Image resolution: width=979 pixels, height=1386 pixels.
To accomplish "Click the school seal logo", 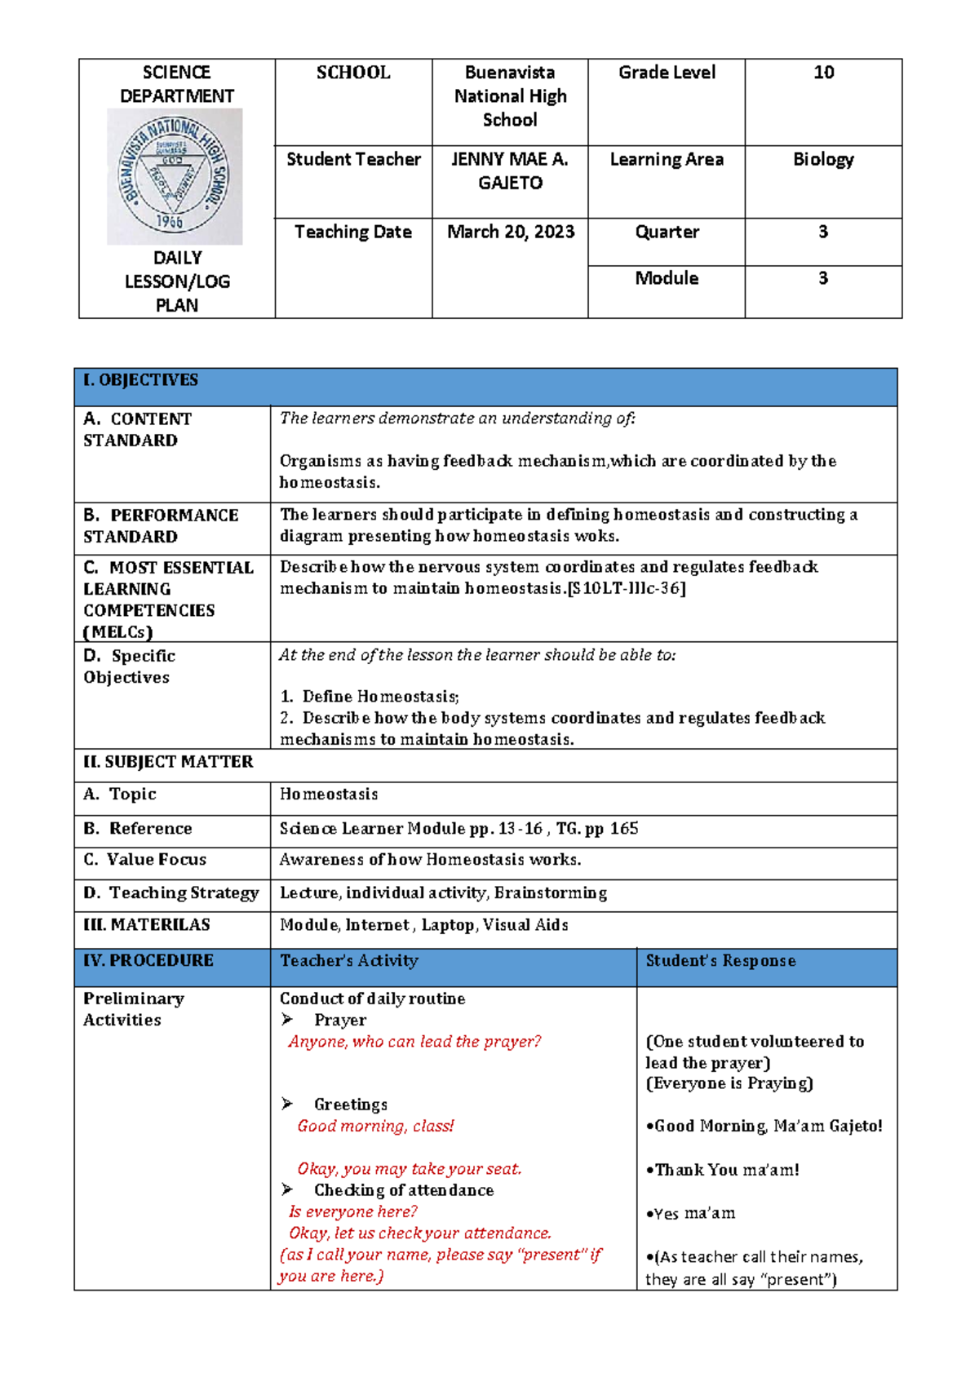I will click(x=175, y=176).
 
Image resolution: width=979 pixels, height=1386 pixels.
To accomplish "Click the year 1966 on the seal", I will click(x=170, y=220).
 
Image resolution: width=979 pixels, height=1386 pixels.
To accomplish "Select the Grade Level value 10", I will click(x=823, y=73).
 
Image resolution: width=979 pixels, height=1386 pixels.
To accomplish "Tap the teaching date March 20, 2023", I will click(x=511, y=232).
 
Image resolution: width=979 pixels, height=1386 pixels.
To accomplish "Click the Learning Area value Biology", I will click(x=823, y=160).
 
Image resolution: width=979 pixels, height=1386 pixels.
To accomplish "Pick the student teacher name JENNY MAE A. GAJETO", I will click(x=510, y=171).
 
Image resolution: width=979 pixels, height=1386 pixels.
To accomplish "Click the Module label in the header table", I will click(x=667, y=279).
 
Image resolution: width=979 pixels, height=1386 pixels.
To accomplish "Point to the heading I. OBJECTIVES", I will click(x=141, y=380).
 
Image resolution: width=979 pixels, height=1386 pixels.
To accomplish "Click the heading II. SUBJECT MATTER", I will click(x=168, y=762).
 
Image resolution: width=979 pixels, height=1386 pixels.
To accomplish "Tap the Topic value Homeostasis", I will click(x=329, y=795).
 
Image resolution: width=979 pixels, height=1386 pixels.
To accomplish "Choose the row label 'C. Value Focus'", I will click(x=145, y=860).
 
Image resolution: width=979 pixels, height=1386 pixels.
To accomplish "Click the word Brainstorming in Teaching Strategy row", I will click(x=551, y=893).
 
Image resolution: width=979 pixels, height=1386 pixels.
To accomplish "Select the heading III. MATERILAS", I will click(x=147, y=925).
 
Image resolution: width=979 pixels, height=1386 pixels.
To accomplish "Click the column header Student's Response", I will click(x=720, y=961).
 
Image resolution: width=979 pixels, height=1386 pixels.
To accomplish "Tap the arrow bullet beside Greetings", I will click(x=287, y=1104).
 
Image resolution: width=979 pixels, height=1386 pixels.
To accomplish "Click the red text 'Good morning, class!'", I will click(x=375, y=1127).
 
